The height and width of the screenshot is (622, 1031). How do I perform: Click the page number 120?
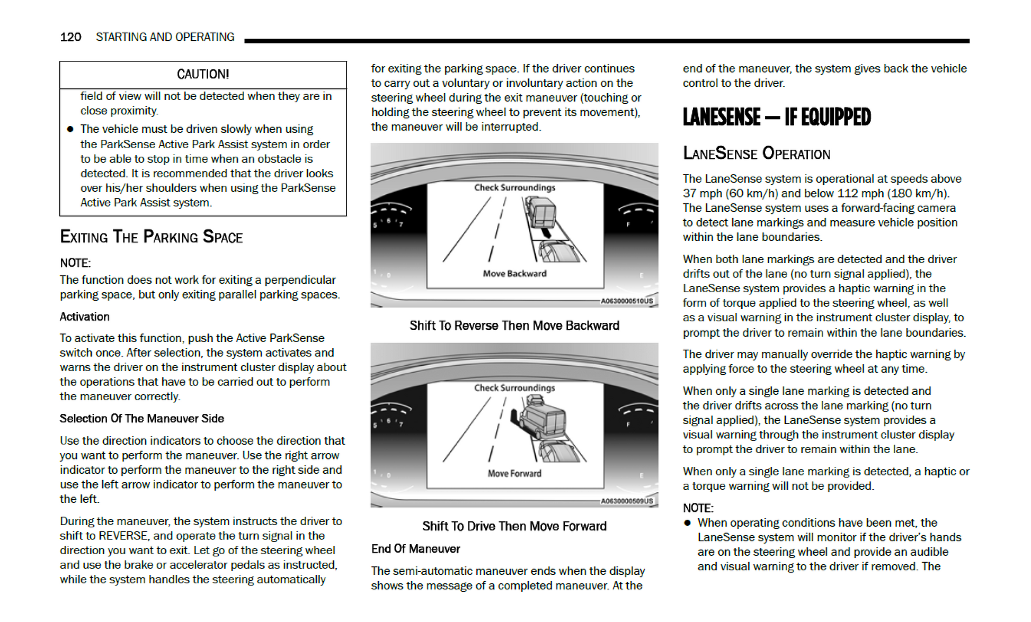pyautogui.click(x=70, y=37)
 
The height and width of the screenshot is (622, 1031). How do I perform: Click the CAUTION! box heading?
pyautogui.click(x=203, y=75)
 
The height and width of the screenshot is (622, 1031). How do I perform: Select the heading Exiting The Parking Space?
pyautogui.click(x=151, y=237)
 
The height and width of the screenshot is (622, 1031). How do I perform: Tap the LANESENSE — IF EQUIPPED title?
pyautogui.click(x=776, y=118)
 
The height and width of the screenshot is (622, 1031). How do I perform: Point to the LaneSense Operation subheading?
pyautogui.click(x=756, y=154)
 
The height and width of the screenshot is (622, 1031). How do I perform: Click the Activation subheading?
pyautogui.click(x=85, y=317)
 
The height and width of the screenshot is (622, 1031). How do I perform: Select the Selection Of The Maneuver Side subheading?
pyautogui.click(x=141, y=419)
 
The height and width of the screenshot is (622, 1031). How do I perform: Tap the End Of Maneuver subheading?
pyautogui.click(x=415, y=549)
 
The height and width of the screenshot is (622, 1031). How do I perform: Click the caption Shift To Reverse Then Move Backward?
pyautogui.click(x=514, y=326)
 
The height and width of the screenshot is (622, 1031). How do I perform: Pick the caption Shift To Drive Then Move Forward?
pyautogui.click(x=514, y=526)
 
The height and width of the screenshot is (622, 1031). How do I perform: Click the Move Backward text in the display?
pyautogui.click(x=514, y=274)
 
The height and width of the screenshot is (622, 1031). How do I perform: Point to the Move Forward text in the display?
pyautogui.click(x=514, y=474)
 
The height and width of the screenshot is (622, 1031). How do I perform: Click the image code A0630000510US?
pyautogui.click(x=627, y=301)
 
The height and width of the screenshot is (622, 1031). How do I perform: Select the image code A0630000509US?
pyautogui.click(x=627, y=501)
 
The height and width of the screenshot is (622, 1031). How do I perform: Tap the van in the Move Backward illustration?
pyautogui.click(x=541, y=212)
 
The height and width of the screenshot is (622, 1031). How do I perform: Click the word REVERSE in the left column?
pyautogui.click(x=123, y=536)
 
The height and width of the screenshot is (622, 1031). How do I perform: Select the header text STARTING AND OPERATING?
pyautogui.click(x=165, y=37)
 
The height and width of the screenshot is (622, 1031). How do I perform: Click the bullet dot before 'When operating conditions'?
pyautogui.click(x=687, y=523)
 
